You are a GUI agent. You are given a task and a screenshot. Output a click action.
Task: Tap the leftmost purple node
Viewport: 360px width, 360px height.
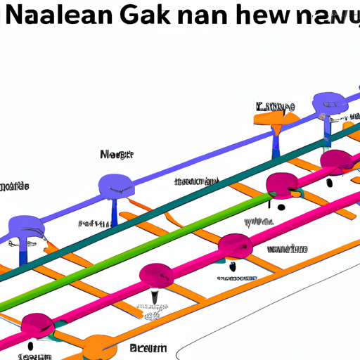(26, 229)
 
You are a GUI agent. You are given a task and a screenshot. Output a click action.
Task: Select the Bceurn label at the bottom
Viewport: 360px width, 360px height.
(148, 348)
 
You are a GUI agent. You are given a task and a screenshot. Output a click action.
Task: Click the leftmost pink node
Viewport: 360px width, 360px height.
(37, 325)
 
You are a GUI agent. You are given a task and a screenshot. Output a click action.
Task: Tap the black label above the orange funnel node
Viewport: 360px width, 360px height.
(275, 107)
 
